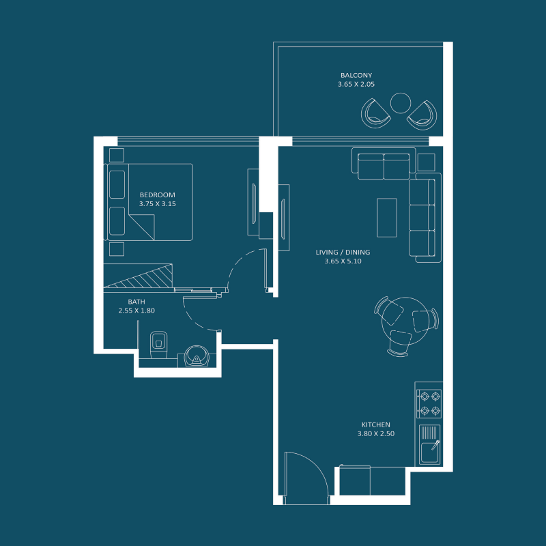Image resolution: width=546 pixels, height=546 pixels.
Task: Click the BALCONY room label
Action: tap(356, 75)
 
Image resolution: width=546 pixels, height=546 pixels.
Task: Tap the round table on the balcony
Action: tap(399, 103)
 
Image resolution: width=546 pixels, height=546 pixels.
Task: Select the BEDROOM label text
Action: tap(158, 195)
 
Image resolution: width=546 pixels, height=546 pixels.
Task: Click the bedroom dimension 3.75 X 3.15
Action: tap(158, 203)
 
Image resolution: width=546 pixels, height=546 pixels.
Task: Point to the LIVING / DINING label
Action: tap(343, 253)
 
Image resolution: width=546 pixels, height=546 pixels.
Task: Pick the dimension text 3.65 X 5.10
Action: tap(343, 261)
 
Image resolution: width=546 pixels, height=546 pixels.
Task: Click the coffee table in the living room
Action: tap(387, 217)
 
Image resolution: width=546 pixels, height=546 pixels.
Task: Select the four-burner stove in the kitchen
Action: tap(429, 403)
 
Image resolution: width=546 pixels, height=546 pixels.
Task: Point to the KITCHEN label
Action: tap(376, 425)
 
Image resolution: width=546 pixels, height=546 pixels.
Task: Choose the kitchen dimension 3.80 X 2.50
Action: tap(376, 433)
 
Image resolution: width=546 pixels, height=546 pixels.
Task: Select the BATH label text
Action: tap(136, 302)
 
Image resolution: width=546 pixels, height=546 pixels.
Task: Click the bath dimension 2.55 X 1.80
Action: tap(136, 311)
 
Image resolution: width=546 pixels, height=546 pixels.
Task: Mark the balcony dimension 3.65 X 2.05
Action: tap(356, 84)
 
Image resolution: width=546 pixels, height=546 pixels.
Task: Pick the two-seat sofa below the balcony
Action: tap(384, 166)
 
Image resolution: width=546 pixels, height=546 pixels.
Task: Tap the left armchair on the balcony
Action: tap(376, 111)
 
